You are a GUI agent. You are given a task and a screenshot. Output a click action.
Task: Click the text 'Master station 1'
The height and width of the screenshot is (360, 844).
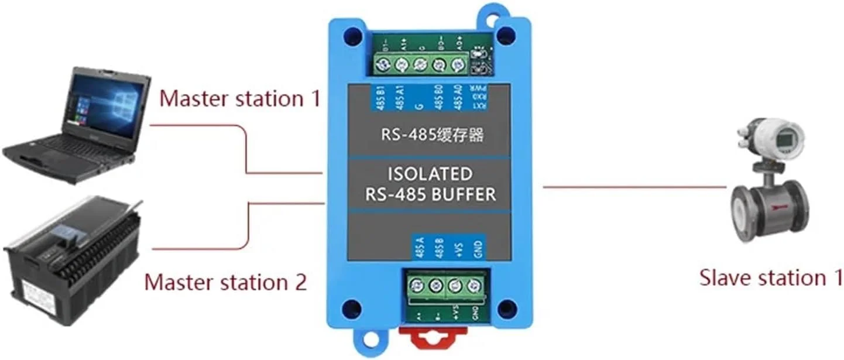coord(240,98)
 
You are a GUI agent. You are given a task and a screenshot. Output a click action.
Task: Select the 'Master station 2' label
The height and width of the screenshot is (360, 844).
coord(225,282)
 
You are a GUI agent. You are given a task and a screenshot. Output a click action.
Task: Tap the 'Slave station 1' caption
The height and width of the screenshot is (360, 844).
coord(771,277)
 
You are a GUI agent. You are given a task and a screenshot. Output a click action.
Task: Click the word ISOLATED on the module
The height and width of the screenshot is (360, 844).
coord(430,174)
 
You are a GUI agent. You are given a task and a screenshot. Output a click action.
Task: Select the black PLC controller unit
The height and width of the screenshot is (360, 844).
coord(73,263)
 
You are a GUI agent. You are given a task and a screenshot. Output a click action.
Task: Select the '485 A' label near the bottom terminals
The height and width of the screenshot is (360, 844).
coord(419,248)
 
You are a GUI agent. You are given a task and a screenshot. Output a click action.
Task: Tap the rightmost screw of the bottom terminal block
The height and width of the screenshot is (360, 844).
coord(475,286)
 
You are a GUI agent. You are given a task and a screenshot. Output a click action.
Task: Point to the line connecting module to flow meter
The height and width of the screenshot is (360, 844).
coord(635,187)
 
